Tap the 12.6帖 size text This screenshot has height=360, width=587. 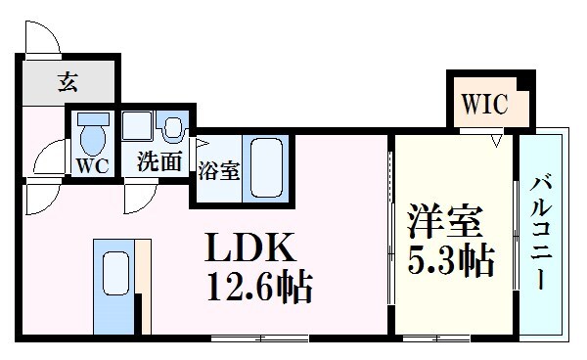click(x=258, y=288)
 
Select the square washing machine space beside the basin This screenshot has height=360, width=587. click(x=137, y=129)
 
